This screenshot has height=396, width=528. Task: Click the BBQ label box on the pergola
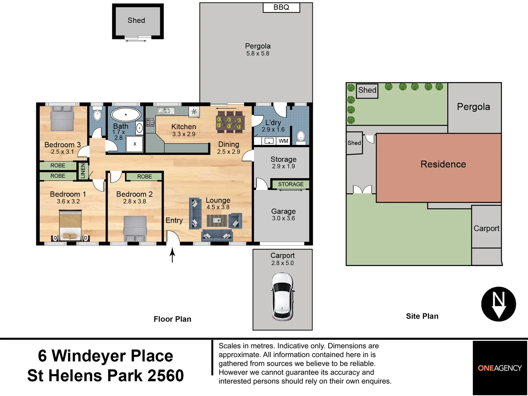click(281, 7)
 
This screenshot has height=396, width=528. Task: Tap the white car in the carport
click(282, 297)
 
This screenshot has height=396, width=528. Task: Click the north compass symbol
click(498, 304)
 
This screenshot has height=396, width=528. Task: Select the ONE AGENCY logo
click(499, 368)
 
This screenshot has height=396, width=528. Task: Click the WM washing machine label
click(283, 141)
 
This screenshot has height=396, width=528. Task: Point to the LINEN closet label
click(83, 171)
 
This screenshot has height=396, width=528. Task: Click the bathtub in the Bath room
click(126, 114)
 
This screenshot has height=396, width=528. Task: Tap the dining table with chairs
click(230, 122)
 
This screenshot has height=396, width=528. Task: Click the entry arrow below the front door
click(172, 255)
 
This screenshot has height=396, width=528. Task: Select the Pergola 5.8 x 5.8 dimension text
click(257, 54)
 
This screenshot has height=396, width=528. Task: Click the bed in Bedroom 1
click(70, 225)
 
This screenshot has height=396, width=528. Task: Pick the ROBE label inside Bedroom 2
click(144, 177)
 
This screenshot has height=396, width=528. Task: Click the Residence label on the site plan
click(443, 164)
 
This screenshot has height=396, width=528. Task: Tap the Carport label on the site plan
click(486, 228)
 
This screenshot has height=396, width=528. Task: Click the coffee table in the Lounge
click(217, 220)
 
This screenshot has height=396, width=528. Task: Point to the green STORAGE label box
click(290, 184)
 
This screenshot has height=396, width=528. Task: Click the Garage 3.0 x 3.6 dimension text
click(283, 218)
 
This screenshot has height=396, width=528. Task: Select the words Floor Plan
click(172, 319)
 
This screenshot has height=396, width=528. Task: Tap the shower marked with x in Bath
click(135, 144)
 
